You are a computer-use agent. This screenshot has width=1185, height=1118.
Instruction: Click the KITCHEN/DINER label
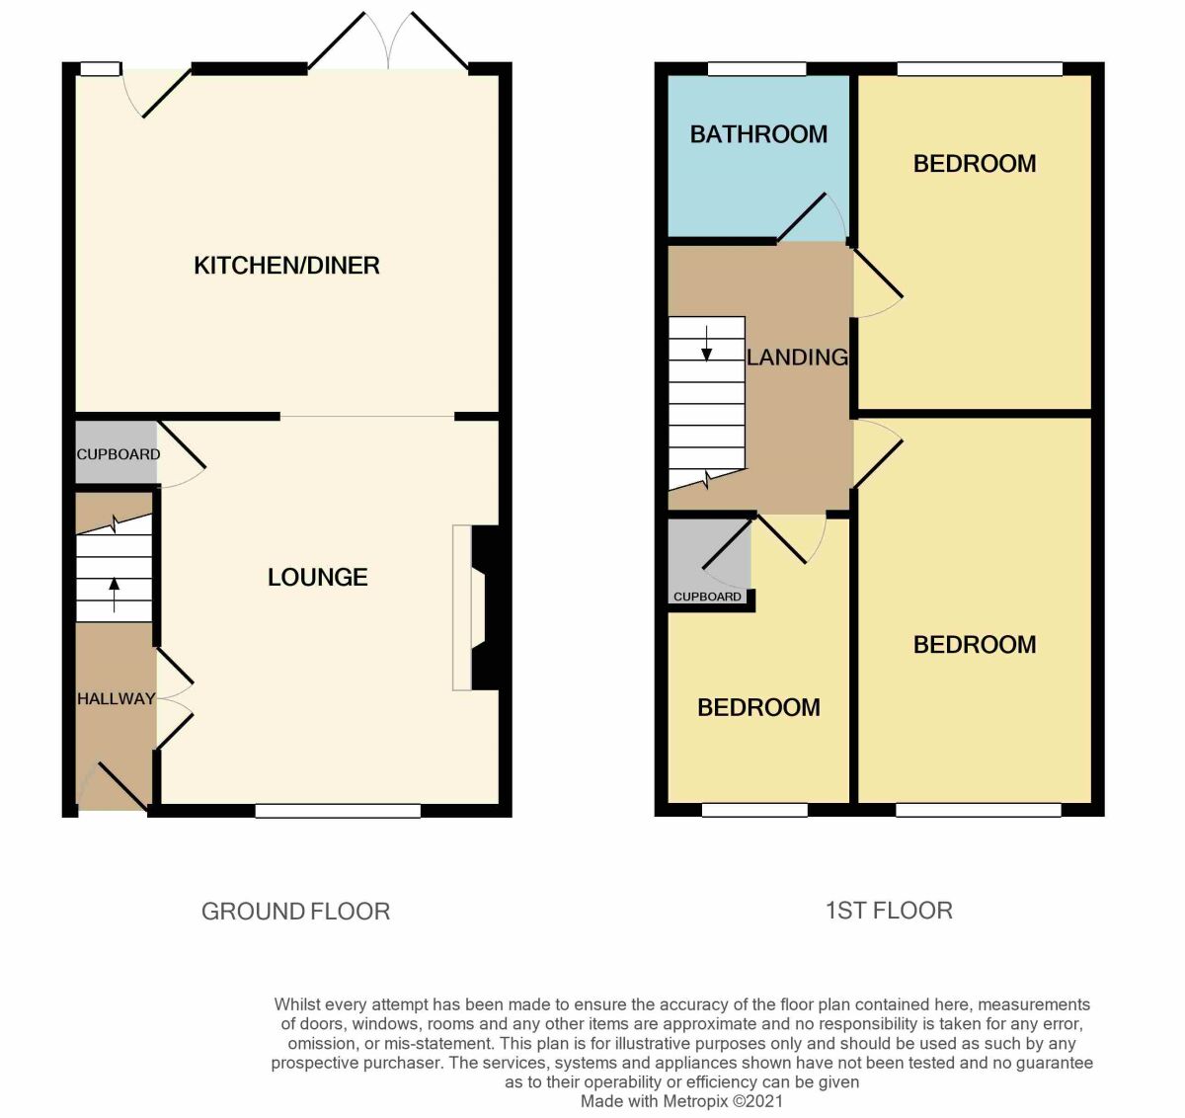(x=286, y=265)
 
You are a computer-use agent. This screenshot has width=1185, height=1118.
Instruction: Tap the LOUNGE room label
(x=317, y=577)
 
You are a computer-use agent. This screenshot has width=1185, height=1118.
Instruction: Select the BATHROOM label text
(x=758, y=134)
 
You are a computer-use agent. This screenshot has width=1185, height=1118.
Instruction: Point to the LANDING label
(x=797, y=357)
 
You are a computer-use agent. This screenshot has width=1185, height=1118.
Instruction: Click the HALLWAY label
(x=117, y=698)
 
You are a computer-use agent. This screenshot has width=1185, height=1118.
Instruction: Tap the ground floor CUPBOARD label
(x=118, y=454)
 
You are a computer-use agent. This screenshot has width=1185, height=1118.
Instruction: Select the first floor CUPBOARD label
(x=707, y=597)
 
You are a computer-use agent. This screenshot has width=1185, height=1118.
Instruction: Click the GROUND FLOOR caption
(x=295, y=911)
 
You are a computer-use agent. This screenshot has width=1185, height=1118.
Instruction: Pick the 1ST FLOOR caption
(x=889, y=910)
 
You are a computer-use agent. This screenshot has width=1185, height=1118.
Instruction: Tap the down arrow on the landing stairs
(x=707, y=341)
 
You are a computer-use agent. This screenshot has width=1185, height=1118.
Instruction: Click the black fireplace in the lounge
(x=485, y=607)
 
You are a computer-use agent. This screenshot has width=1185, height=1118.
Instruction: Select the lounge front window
(x=338, y=811)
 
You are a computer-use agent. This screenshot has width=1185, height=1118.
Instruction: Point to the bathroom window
(x=756, y=69)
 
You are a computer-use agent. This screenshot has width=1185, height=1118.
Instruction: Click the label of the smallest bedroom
(x=758, y=707)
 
